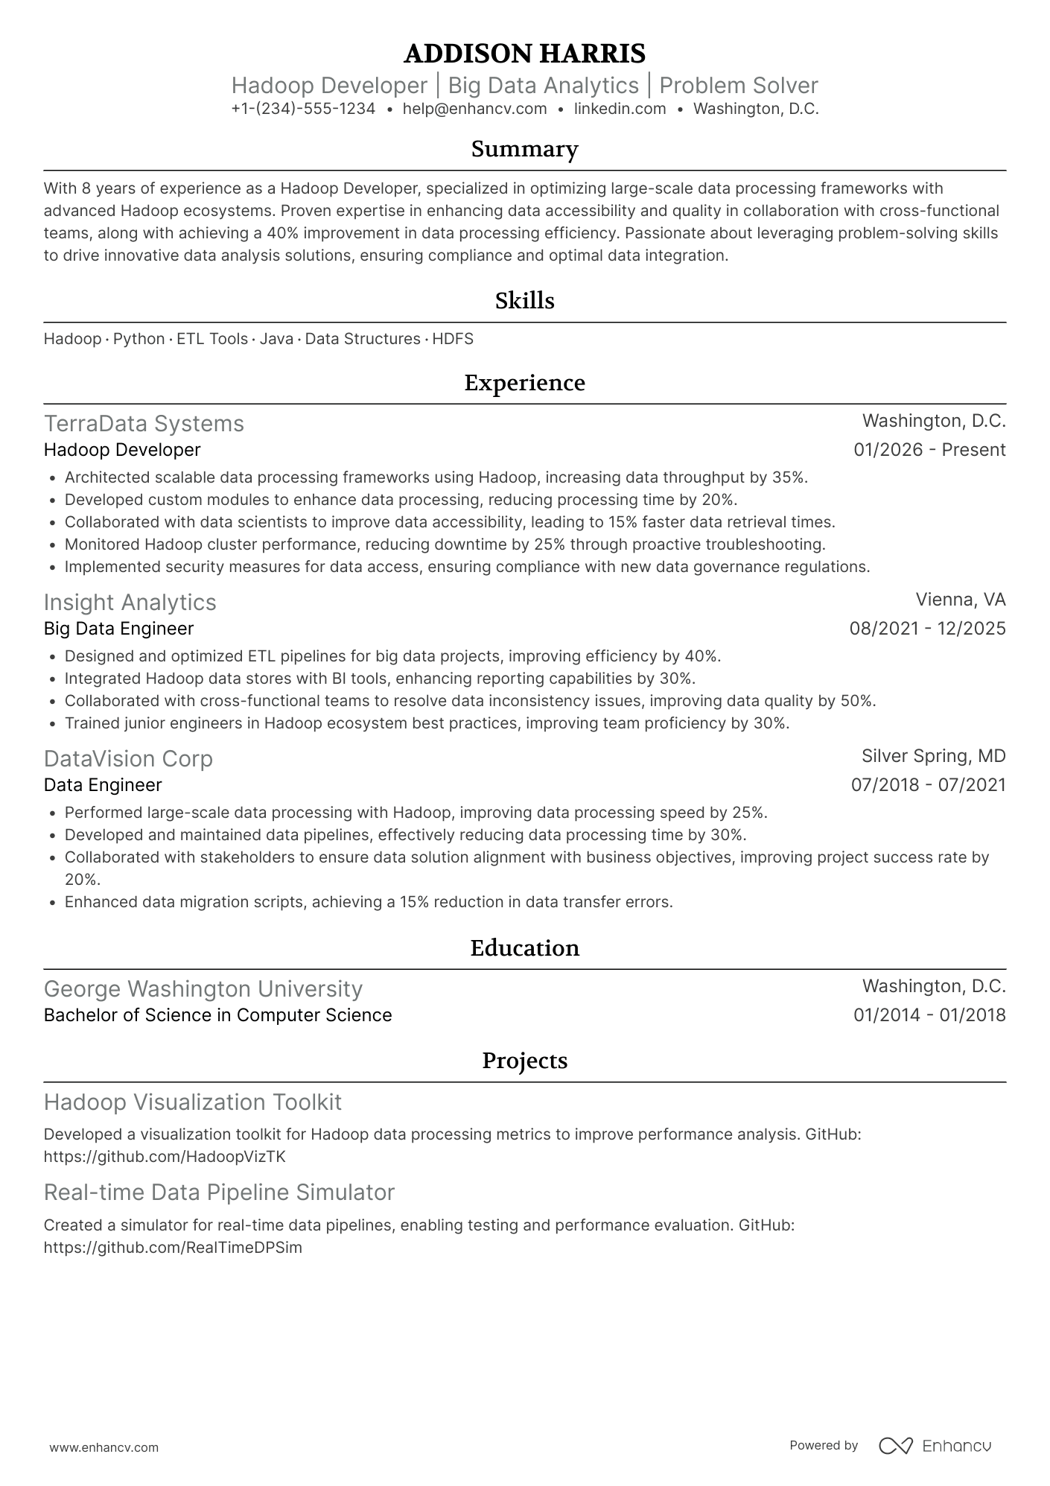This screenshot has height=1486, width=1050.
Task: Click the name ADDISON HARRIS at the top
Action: pos(524,54)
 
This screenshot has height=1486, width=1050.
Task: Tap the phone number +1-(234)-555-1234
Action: pos(303,109)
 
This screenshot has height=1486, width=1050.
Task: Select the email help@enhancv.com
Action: pos(474,109)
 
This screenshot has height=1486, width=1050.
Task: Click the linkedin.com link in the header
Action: pos(620,109)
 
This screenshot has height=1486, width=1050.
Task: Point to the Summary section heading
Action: pos(524,150)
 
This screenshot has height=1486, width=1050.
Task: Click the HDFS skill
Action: pos(453,339)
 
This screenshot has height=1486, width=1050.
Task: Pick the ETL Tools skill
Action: pos(212,339)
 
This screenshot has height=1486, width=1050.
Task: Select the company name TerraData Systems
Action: pos(144,424)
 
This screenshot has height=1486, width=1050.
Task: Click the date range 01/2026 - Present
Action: pos(929,450)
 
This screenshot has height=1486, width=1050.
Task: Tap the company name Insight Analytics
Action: pos(130,603)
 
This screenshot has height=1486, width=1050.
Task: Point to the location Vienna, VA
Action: pos(961,600)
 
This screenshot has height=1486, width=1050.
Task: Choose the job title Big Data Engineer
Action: pos(118,629)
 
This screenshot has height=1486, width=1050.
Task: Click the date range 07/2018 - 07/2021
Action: pos(928,785)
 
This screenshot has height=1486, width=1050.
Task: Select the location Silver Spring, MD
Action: pos(933,756)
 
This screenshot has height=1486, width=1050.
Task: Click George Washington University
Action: pos(203,989)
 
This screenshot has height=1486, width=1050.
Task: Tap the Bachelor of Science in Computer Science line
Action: pos(217,1015)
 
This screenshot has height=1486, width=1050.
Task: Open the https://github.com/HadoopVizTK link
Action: pos(165,1157)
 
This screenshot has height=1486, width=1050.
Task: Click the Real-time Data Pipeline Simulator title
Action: pos(219,1193)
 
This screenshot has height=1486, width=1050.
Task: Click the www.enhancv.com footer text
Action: pos(104,1447)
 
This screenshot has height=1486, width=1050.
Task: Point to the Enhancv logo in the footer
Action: pos(935,1446)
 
